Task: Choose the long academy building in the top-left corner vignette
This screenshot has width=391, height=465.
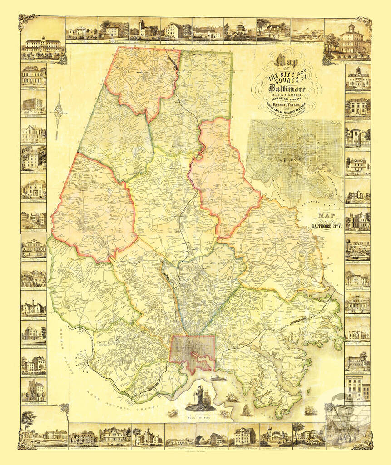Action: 43,45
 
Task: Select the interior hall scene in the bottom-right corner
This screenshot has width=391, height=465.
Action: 347,425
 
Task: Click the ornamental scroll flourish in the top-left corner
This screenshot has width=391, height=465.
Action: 27,21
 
